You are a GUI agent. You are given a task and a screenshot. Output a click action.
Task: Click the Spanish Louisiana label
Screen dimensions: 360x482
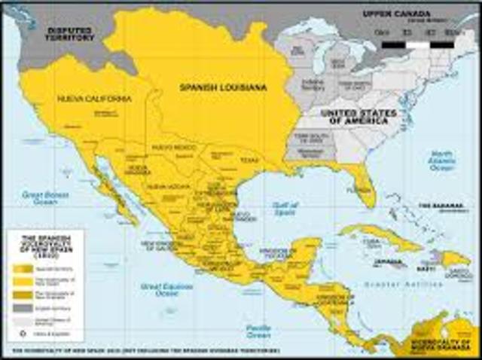(222, 88)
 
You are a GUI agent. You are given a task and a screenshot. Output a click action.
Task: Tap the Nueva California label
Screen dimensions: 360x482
(94, 98)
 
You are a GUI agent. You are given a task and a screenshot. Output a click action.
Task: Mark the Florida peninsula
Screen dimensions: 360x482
(365, 188)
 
